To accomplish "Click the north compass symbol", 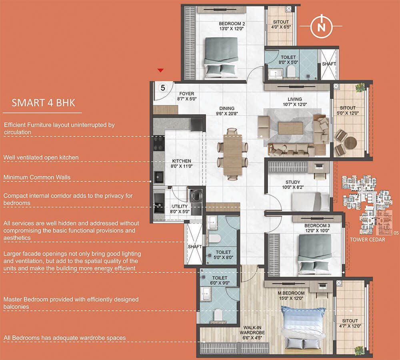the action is click(322, 26).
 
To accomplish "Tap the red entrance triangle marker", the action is click(160, 70).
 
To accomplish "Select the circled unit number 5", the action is click(163, 88).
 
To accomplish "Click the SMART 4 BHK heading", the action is click(43, 103).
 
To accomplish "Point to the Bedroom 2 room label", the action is click(232, 26).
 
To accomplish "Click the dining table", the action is click(233, 155).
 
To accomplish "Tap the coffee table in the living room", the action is click(290, 128).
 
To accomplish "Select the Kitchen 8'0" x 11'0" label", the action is click(181, 163).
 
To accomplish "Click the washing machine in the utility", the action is click(196, 197).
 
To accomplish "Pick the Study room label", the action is click(293, 184).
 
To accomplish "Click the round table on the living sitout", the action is click(350, 143).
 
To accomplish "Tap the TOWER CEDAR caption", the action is click(367, 239).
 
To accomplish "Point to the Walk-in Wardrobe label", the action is click(252, 333).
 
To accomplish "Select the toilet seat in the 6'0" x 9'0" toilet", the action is click(218, 315).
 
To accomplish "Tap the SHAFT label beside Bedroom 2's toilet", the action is click(329, 64).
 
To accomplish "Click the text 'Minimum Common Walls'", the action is click(37, 177).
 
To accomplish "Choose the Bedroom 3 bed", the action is click(314, 255).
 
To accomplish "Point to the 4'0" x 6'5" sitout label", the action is click(281, 24).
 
